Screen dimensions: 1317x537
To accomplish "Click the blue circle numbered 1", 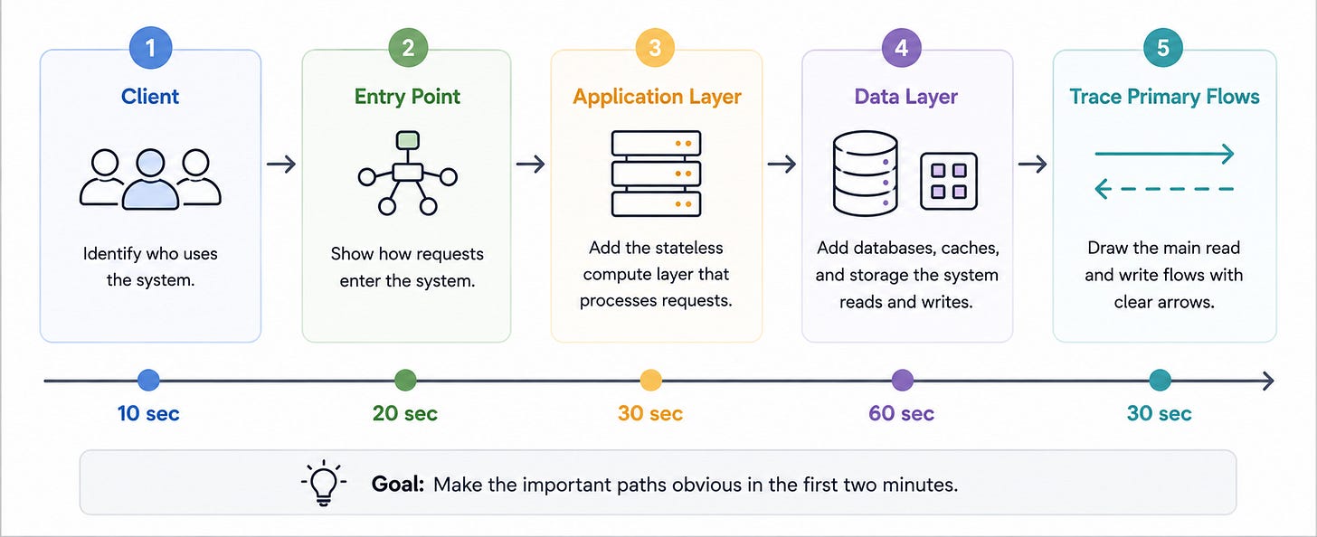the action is coord(150,48).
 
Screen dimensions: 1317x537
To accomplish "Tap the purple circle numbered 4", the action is coord(901,48).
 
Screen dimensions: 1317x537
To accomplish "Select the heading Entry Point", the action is coord(407,97).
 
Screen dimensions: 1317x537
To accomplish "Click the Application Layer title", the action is coord(657,97).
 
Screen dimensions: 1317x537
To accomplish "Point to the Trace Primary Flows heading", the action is coord(1164,97).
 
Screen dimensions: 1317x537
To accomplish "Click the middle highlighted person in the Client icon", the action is coord(150,179).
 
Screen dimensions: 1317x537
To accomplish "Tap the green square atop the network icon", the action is coord(407,140).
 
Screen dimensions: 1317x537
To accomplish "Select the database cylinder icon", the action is coord(865,174).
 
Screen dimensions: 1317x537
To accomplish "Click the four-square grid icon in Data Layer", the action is coord(948,181).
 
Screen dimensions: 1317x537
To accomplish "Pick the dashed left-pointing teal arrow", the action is coord(1164,189).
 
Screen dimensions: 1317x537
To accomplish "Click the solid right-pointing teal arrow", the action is coord(1164,154).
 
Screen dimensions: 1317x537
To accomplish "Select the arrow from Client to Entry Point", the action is coord(281,164).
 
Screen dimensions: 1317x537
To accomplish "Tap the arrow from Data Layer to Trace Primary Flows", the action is coord(1032,164).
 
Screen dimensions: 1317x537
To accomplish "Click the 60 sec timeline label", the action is coord(901,413).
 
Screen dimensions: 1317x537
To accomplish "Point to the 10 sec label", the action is coord(148,413).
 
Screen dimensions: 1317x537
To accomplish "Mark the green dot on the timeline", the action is coord(405,380).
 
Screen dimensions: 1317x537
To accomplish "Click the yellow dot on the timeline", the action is coord(650,380).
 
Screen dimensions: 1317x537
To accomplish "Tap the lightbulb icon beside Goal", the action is coord(324,483).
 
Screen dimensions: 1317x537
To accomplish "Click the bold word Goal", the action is coord(397,485).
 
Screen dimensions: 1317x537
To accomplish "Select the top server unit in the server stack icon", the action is coord(656,144).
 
